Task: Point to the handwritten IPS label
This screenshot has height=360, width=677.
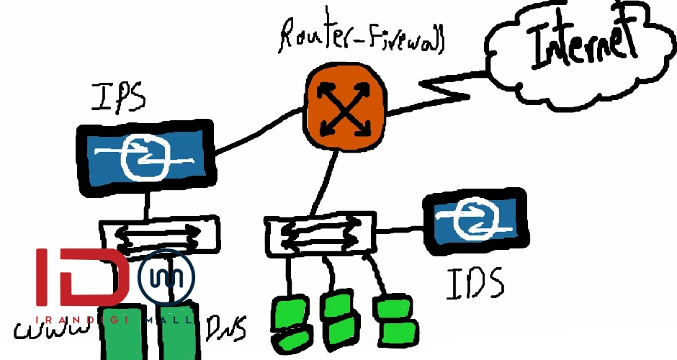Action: (119, 96)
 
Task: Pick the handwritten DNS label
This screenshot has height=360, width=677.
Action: (226, 328)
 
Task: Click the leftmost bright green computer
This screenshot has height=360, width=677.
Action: (287, 321)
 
